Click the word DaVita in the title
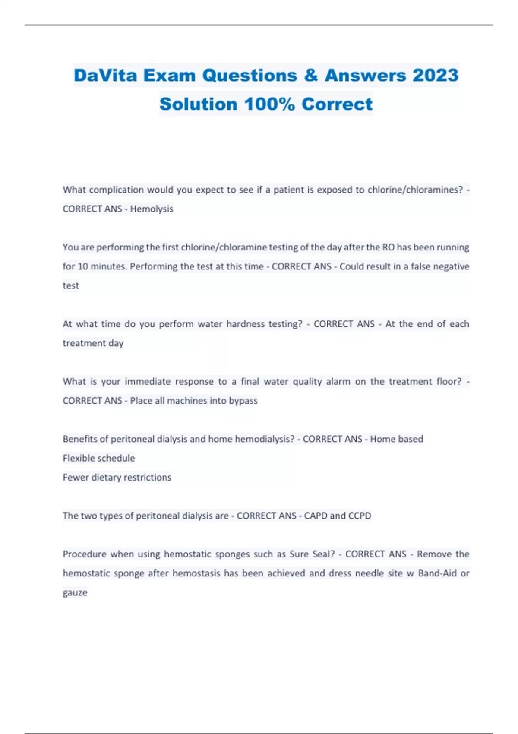pos(105,76)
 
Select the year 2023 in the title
pos(435,76)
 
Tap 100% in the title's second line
pos(269,104)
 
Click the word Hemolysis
pos(152,209)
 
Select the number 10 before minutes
pos(82,266)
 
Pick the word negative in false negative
pos(451,266)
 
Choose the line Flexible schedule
pos(99,458)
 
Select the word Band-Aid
pos(437,573)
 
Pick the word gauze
pos(75,593)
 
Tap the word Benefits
pos(80,439)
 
